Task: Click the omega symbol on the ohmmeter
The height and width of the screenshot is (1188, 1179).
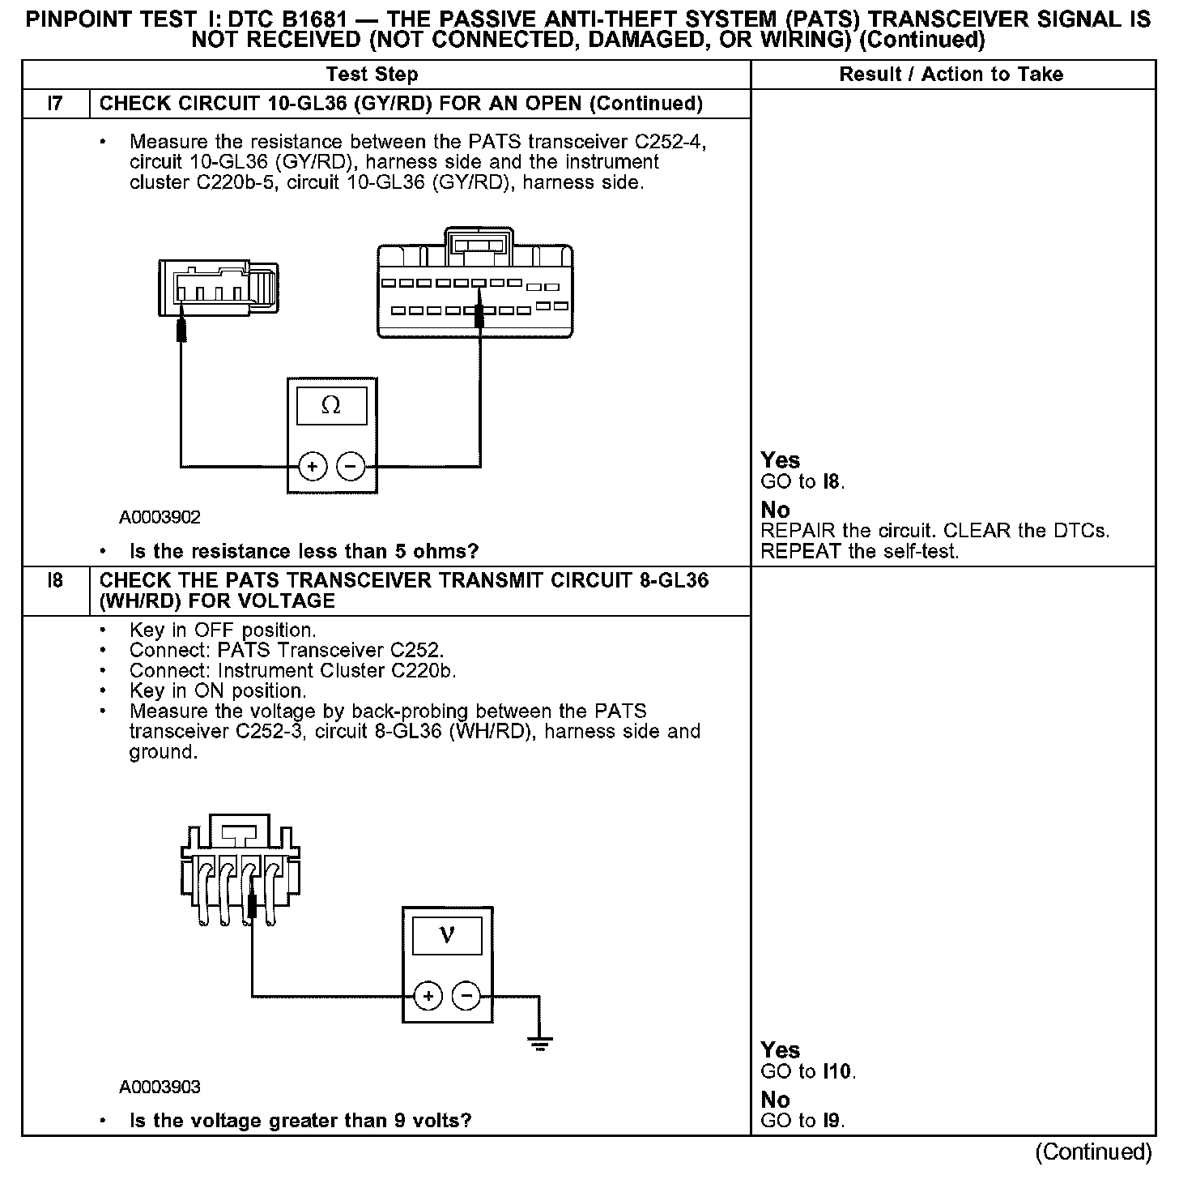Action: [x=331, y=406]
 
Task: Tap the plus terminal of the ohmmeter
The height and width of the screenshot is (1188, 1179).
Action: [x=312, y=466]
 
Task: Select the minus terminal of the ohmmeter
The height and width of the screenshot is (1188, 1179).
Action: [x=351, y=466]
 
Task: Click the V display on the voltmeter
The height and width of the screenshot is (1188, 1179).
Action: [x=447, y=936]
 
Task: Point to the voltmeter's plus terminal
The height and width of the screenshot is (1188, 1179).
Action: [x=428, y=996]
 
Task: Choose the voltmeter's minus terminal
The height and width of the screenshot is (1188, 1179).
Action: [x=466, y=996]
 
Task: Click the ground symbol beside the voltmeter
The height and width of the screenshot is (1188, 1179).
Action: [x=539, y=1042]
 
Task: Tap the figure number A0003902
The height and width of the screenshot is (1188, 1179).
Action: [x=160, y=517]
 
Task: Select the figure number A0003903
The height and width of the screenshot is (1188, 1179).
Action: [x=160, y=1087]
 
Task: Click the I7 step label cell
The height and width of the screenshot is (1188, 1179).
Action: [x=55, y=104]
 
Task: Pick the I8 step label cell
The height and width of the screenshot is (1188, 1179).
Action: [x=55, y=581]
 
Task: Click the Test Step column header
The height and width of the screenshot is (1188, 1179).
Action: [x=372, y=75]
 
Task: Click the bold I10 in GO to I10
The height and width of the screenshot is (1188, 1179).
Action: [x=837, y=1071]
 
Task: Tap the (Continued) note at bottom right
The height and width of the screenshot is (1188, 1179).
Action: [x=1093, y=1152]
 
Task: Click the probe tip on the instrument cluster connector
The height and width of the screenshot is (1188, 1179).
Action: [x=479, y=315]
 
